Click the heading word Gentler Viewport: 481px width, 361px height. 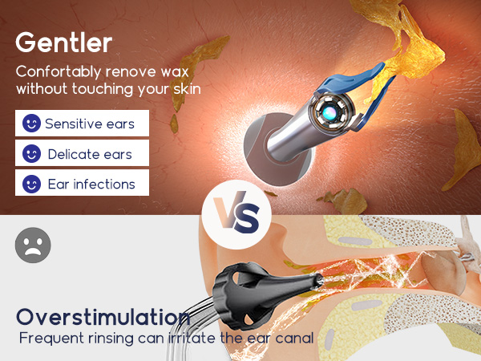pos(63,41)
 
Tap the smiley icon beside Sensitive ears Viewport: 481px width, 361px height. pos(31,124)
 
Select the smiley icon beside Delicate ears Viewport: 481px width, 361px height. pos(31,154)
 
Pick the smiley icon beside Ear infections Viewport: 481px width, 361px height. pos(31,184)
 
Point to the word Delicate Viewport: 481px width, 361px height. pos(74,154)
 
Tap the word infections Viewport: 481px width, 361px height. pos(103,184)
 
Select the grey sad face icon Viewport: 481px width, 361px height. pos(33,244)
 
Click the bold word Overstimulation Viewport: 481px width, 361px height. pos(103,316)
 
